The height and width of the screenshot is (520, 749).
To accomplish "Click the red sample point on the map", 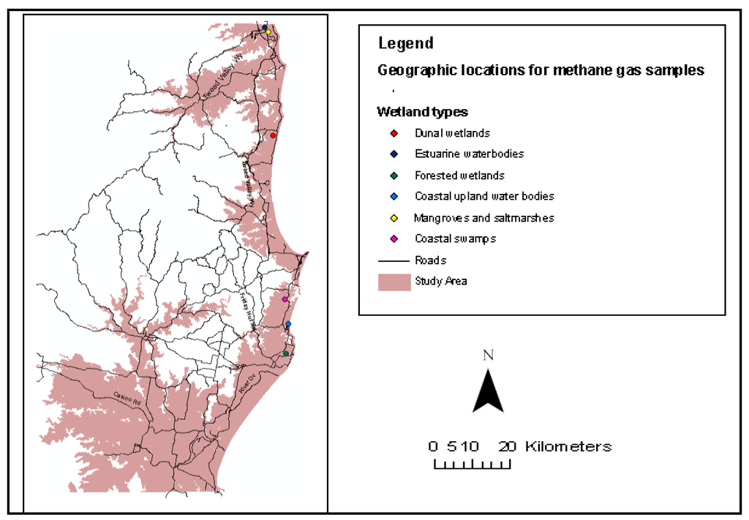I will (x=273, y=135).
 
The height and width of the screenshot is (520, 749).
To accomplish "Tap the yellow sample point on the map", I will (x=268, y=32).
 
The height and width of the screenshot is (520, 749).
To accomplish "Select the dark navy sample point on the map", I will (x=265, y=27).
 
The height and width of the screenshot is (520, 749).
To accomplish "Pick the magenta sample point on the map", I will (x=285, y=299).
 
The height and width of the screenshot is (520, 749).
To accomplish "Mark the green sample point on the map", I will (x=286, y=354).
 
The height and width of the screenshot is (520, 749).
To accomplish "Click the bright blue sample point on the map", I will (x=288, y=324).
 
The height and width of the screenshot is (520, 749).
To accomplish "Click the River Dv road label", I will (x=249, y=385).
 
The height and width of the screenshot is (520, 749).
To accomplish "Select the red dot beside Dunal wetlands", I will (x=394, y=133).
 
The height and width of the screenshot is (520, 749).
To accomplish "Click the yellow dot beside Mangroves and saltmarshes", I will (x=394, y=218).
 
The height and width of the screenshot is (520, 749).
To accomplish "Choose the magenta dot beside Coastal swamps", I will (x=394, y=239).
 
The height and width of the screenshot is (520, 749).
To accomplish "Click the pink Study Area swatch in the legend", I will (x=394, y=282).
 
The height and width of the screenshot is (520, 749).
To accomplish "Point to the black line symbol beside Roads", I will (x=394, y=260).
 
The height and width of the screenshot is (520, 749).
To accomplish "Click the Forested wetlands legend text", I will (x=459, y=176).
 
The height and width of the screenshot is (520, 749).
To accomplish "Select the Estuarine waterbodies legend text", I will (x=469, y=154).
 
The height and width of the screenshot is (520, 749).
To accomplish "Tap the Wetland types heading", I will (x=422, y=112).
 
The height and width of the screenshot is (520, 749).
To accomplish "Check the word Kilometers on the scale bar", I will (x=568, y=446).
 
